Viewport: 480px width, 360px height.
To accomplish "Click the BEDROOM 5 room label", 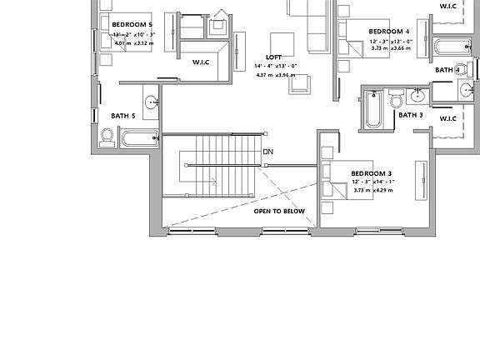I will (x=132, y=25).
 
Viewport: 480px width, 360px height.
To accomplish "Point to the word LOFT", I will (x=274, y=57).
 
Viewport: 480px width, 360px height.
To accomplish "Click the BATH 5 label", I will (x=123, y=116).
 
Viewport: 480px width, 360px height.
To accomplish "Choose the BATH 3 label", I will (x=410, y=115).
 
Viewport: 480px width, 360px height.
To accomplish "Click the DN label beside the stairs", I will (x=267, y=152).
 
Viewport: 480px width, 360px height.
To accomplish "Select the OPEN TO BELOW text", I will (x=280, y=212).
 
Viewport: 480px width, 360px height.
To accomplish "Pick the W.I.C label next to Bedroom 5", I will (x=201, y=62).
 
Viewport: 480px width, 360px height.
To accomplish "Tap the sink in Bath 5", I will (x=152, y=102).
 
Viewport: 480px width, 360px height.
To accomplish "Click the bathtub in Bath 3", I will (x=372, y=110).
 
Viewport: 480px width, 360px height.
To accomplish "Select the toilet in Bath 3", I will (x=397, y=100).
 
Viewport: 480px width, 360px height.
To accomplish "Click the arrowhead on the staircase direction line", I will (x=214, y=180).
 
